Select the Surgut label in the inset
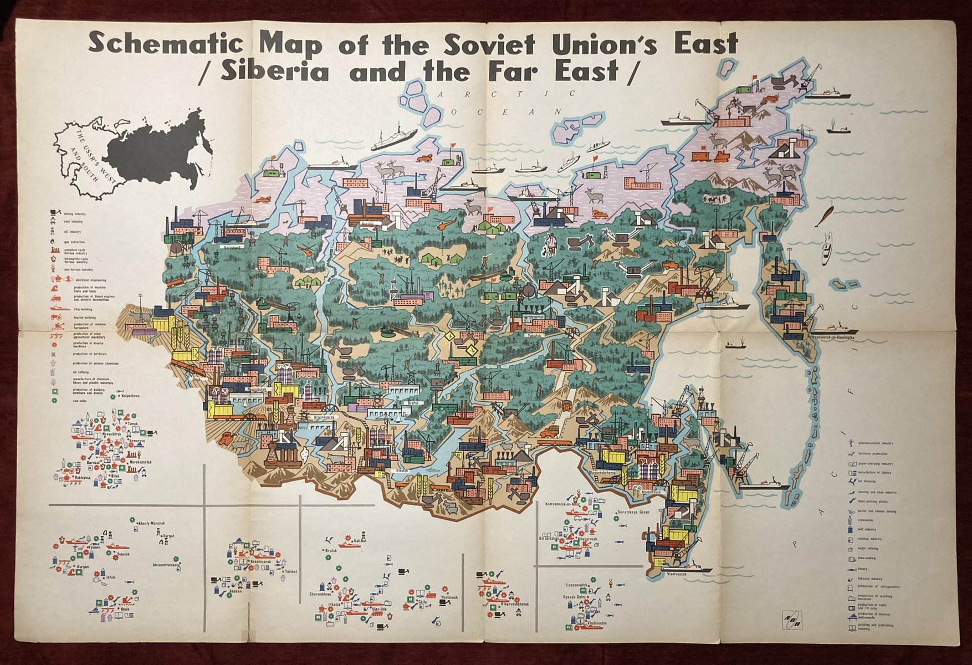pyautogui.click(x=168, y=536)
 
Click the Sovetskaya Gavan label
pyautogui.click(x=633, y=513)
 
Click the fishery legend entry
pyautogui.click(x=866, y=569)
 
